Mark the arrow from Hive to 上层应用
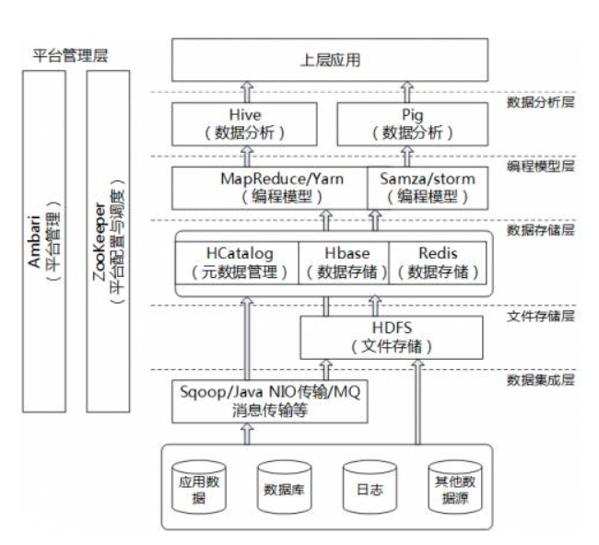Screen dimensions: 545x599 pos(246,91)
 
